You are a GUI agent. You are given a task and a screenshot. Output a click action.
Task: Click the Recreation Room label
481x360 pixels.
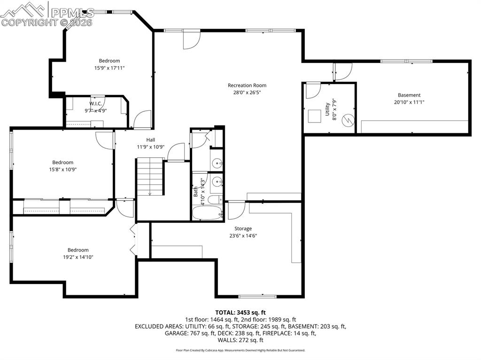pos(247,85)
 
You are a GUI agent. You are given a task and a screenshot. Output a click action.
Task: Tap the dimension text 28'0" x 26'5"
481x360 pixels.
pos(247,92)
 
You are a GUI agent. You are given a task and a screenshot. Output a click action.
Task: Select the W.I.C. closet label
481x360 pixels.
pos(96,104)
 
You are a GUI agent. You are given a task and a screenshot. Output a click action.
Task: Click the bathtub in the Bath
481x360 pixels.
pos(207,213)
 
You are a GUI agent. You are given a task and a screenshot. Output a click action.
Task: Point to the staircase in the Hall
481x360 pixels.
pos(150,177)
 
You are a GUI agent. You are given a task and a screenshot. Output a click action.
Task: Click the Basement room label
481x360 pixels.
pos(409,95)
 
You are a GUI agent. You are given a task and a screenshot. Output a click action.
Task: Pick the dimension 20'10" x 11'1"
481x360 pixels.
pos(409,102)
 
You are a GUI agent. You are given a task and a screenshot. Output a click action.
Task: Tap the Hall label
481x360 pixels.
pos(150,139)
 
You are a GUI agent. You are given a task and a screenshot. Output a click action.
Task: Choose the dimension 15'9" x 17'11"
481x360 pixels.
pos(109,68)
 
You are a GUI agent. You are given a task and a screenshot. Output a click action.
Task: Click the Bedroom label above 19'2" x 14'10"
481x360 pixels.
pos(78,250)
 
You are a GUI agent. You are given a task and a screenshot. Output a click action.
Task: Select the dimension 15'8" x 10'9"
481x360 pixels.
pos(62,169)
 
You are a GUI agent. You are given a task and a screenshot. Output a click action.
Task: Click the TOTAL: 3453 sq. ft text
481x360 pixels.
pos(240,312)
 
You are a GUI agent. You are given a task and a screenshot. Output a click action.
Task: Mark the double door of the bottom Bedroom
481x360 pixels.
pos(133,239)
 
